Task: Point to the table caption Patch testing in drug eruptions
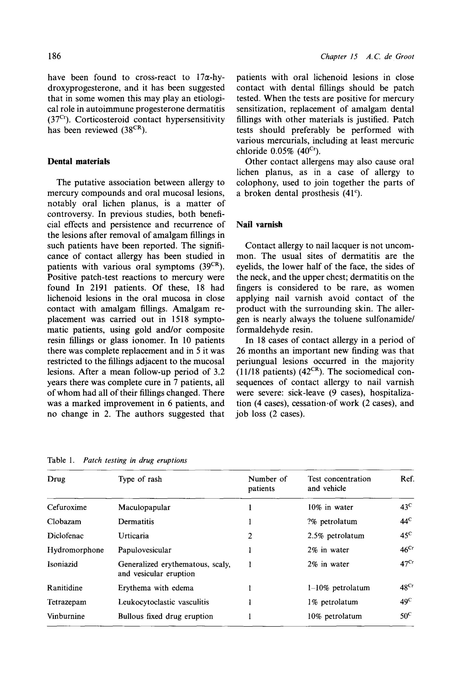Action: point(135,460)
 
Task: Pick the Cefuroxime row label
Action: point(67,507)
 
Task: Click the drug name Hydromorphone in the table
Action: point(75,550)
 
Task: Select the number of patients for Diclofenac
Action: point(250,536)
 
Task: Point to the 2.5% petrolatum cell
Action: point(336,536)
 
